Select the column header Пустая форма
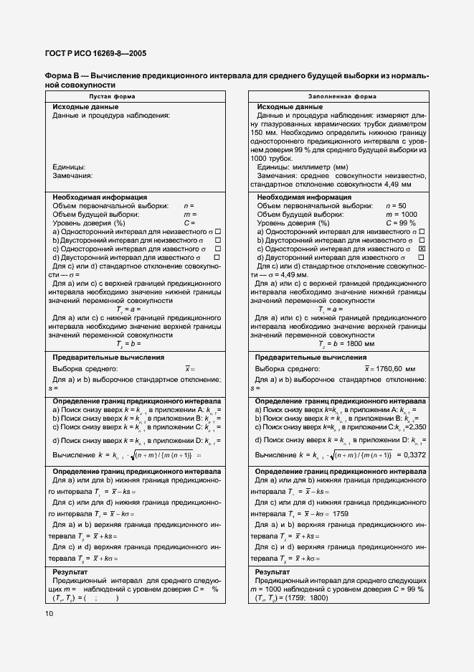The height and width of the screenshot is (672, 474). [x=112, y=95]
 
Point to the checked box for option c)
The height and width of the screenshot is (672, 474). [x=422, y=248]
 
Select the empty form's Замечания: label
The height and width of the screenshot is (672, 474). [x=72, y=175]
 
